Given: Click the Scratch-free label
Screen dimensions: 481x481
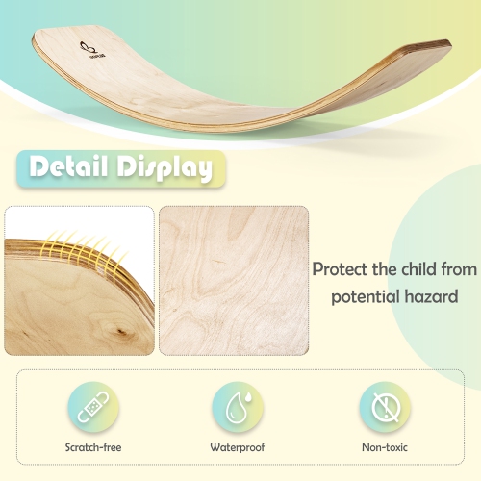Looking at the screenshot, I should click(92, 447).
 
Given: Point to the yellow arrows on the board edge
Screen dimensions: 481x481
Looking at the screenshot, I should click(88, 252).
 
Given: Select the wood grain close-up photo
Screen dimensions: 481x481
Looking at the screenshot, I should click(233, 280).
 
